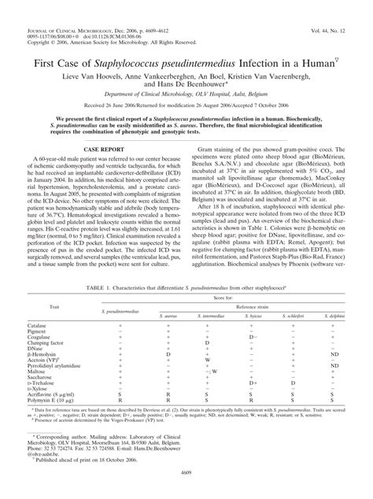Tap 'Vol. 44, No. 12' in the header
point(342,8)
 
